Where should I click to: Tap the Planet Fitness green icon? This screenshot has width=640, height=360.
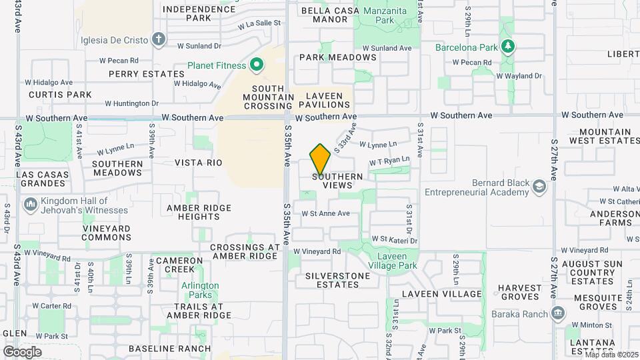[x=257, y=65]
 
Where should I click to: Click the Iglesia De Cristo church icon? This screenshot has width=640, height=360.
[x=158, y=39]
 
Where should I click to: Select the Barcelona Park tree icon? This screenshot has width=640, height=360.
[x=508, y=46]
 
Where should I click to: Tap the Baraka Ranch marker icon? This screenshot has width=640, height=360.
[x=559, y=314]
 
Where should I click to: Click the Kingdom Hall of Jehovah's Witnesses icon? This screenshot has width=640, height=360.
[x=30, y=203]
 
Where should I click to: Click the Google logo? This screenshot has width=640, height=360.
[x=22, y=351]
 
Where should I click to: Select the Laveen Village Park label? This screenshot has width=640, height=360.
[x=397, y=261]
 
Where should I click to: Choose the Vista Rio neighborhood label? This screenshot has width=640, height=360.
[x=198, y=163]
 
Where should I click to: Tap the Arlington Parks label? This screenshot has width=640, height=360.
[x=200, y=290]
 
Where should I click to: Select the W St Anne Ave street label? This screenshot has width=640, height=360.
[x=325, y=214]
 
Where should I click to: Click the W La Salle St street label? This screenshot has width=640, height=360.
[x=259, y=24]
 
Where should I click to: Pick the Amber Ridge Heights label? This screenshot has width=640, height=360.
[x=199, y=212]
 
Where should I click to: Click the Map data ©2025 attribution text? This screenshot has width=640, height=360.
[x=611, y=355]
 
